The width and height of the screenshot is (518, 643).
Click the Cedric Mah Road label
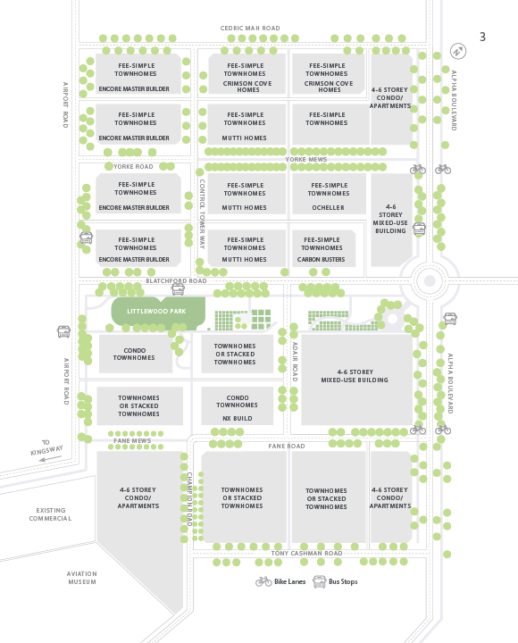pyautogui.click(x=250, y=29)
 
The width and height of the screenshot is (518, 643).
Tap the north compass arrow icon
pyautogui.click(x=457, y=51)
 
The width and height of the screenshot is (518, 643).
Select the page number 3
pyautogui.click(x=483, y=37)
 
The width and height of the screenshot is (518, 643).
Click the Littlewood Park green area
pyautogui.click(x=158, y=313)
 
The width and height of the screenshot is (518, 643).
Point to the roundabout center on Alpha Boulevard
pyautogui.click(x=430, y=281)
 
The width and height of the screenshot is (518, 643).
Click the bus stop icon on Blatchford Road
pyautogui.click(x=178, y=288)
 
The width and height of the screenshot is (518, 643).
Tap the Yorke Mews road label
pyautogui.click(x=306, y=160)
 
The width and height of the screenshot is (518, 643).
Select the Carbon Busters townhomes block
pyautogui.click(x=323, y=248)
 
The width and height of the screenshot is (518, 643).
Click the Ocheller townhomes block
pyautogui.click(x=329, y=194)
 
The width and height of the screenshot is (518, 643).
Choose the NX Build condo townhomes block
pyautogui.click(x=237, y=405)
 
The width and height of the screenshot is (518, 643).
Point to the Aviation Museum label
pyautogui.click(x=82, y=578)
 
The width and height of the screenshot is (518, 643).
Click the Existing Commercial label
pyautogui.click(x=50, y=514)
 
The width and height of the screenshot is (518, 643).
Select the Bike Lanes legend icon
pyautogui.click(x=263, y=581)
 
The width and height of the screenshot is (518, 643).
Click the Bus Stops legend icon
pyautogui.click(x=319, y=581)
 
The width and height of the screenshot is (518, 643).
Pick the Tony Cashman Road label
pyautogui.click(x=306, y=554)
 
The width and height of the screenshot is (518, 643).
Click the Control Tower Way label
pyautogui.click(x=202, y=214)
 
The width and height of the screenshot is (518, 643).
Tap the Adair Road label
pyautogui.click(x=295, y=362)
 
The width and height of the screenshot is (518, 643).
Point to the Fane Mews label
pyautogui.click(x=132, y=441)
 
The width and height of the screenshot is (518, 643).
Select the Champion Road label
pyautogui.click(x=189, y=499)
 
